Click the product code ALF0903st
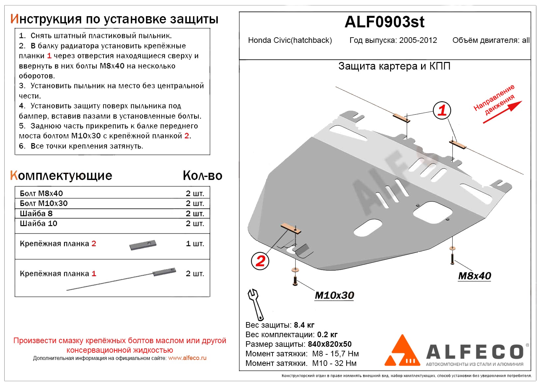click(384, 22)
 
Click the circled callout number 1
click(442, 110)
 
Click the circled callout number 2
click(260, 261)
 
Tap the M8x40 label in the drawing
click(474, 276)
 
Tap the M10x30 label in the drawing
click(334, 295)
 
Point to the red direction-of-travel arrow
click(502, 112)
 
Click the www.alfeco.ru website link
click(187, 358)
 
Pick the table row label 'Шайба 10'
click(39, 223)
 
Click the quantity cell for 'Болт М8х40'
click(195, 193)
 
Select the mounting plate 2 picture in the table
click(143, 245)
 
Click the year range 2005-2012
click(418, 40)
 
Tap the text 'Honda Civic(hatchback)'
click(290, 40)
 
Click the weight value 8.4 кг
click(304, 325)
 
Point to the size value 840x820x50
click(329, 344)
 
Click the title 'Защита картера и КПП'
click(394, 66)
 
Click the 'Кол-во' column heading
click(202, 176)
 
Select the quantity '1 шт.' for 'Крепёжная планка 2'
click(195, 244)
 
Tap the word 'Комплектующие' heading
click(61, 176)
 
